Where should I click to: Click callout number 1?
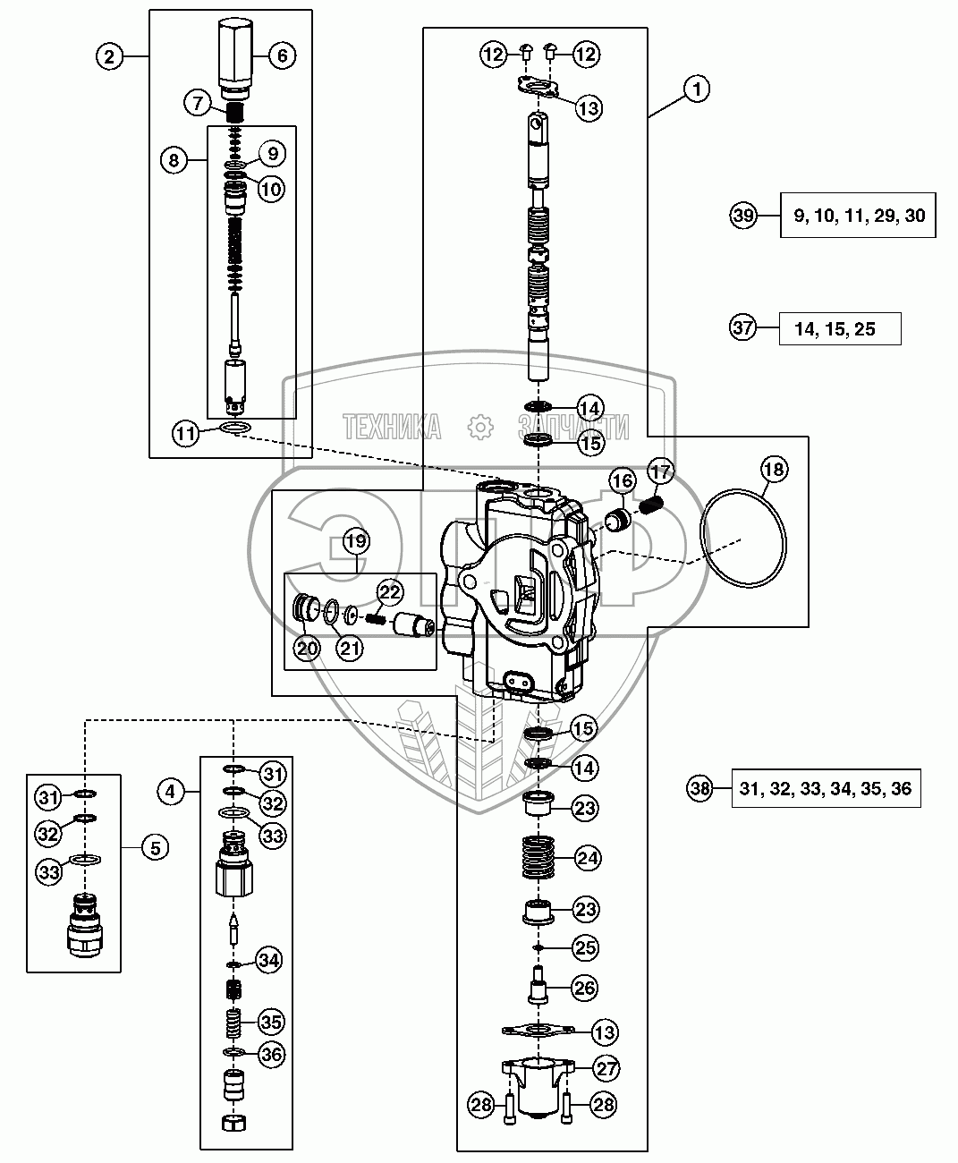coord(697,89)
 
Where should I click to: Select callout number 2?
coord(108,56)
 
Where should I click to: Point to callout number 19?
coord(356,540)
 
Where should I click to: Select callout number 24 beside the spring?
coord(588,858)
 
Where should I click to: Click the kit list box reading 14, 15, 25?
coord(839,329)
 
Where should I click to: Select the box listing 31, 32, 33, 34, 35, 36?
coord(826,788)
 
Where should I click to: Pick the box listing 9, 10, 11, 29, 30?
coord(858,215)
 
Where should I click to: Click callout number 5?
coord(155,846)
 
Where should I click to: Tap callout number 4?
coord(174,791)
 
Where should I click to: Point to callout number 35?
coord(271,1021)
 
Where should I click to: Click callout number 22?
coord(389,590)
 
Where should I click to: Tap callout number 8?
coord(174,160)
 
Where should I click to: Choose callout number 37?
coord(743,328)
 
